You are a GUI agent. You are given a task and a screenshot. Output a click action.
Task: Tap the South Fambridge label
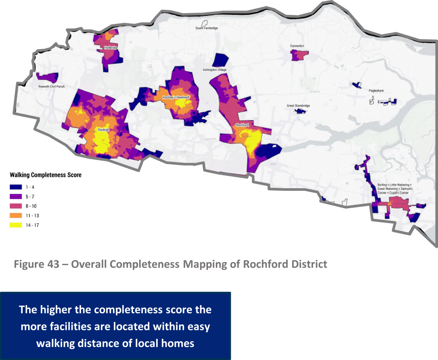(206, 28)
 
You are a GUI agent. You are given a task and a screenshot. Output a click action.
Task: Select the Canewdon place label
(297, 46)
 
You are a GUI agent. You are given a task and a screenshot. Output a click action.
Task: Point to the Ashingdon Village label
(215, 70)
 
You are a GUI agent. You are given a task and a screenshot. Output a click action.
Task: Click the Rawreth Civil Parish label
(52, 86)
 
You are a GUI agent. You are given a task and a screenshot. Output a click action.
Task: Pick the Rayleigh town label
(101, 129)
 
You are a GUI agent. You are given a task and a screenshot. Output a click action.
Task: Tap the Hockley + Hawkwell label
(176, 98)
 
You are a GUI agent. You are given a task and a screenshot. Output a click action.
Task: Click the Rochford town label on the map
(242, 125)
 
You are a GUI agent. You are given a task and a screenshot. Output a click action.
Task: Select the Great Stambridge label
(298, 106)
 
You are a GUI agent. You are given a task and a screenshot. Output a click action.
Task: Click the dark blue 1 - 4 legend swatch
(16, 187)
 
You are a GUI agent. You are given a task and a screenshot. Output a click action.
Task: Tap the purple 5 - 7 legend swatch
(16, 196)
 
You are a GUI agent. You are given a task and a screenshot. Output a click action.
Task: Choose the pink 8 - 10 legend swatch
(16, 206)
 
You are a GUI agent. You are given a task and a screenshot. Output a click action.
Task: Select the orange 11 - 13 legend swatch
(16, 216)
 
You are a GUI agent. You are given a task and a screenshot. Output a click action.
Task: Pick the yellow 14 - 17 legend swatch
(16, 225)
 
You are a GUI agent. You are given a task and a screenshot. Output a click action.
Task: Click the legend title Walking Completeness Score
(45, 175)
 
